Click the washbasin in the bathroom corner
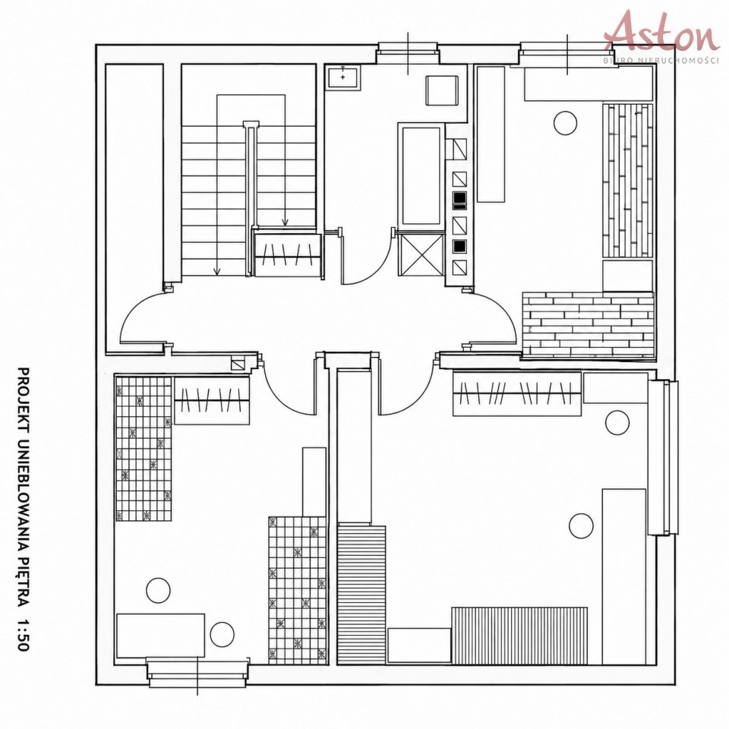tap(343, 76)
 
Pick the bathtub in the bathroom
tap(421, 176)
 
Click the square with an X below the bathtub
tap(421, 255)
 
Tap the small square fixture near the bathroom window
tap(442, 90)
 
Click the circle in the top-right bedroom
tap(565, 123)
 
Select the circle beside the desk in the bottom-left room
tap(222, 635)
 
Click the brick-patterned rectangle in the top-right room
tap(588, 326)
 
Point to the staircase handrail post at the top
tap(251, 124)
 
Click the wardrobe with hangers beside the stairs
tap(287, 254)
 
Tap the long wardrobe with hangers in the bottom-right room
tap(517, 393)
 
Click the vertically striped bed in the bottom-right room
tap(519, 636)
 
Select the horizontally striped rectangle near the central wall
tap(361, 594)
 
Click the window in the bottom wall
tap(197, 673)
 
